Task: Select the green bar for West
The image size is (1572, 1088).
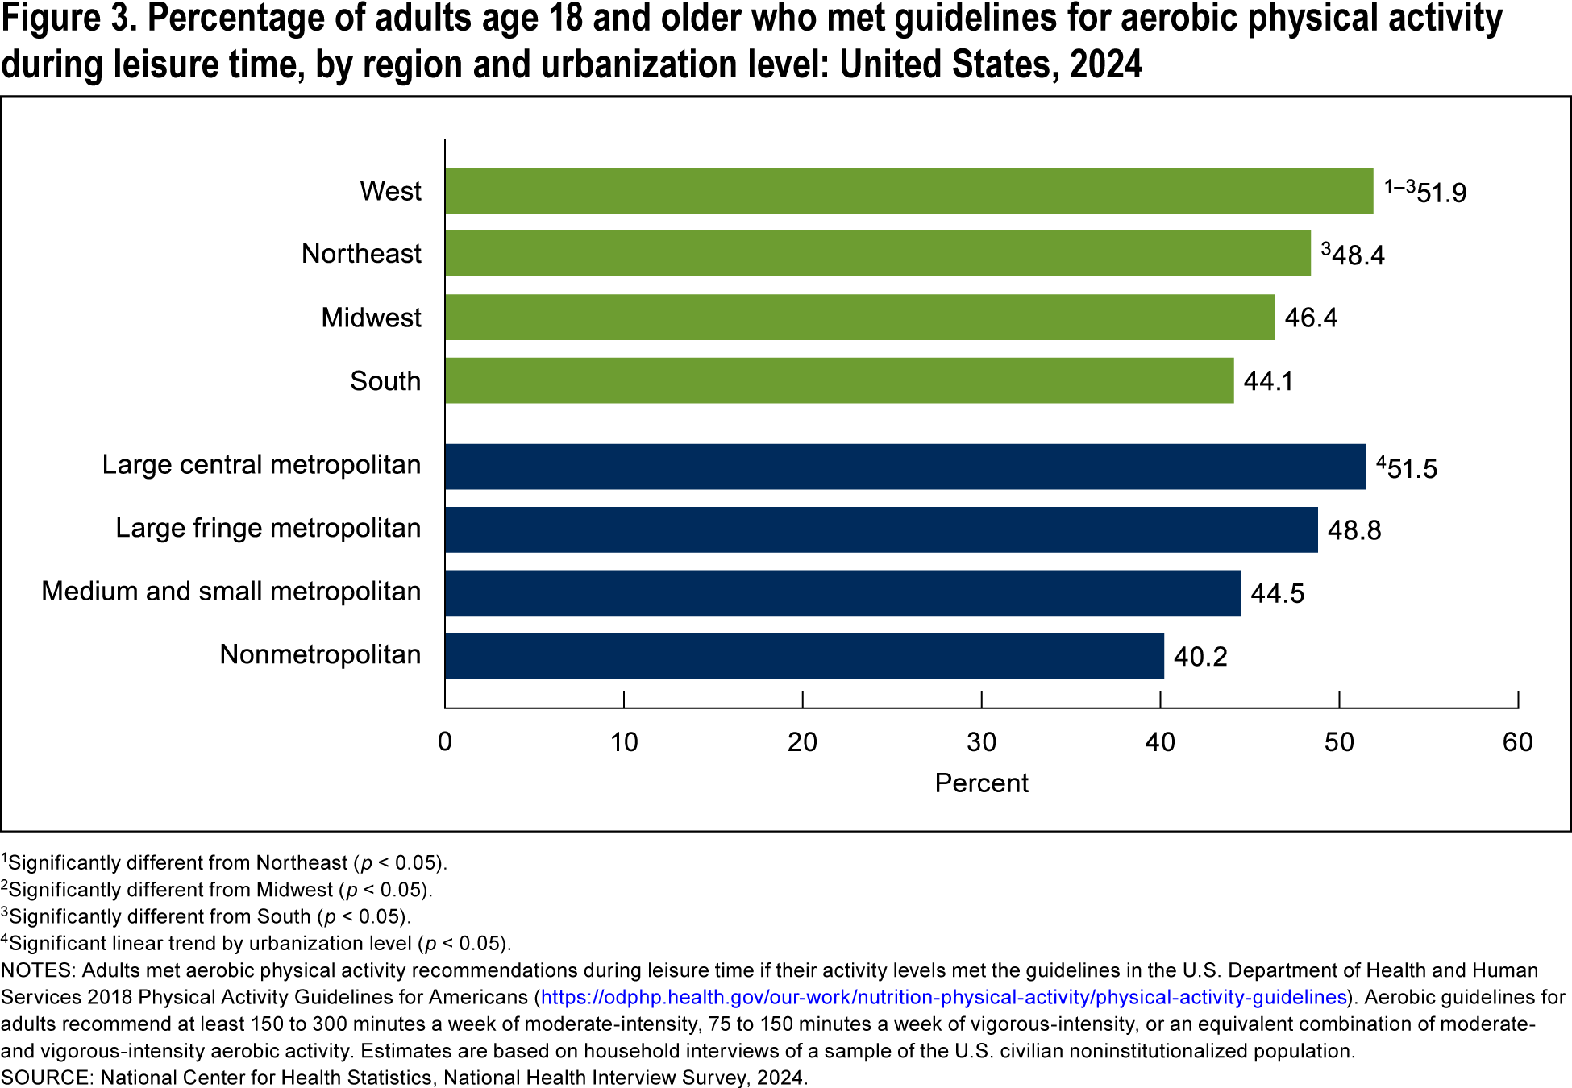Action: tap(909, 191)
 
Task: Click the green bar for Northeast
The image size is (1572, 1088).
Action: tap(877, 253)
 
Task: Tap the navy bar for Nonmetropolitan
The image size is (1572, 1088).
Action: tap(804, 656)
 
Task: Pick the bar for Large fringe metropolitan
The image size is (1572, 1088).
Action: tap(881, 529)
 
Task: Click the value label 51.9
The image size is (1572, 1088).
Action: tap(1441, 193)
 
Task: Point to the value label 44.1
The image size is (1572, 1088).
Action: tap(1268, 381)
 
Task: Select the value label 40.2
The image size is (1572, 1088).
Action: tap(1200, 657)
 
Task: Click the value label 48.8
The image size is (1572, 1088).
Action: tap(1354, 530)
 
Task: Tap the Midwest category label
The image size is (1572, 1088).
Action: tap(371, 318)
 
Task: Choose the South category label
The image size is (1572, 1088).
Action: tap(385, 381)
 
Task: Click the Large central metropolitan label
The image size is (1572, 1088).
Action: tap(261, 465)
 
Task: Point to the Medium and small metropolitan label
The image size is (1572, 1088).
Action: tap(231, 592)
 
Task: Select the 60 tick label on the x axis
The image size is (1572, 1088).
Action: tap(1517, 742)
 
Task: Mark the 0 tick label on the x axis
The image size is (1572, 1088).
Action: tap(445, 742)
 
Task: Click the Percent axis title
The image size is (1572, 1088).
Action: tap(981, 783)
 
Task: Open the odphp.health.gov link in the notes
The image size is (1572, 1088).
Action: tap(943, 998)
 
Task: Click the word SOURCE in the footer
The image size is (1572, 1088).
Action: tap(47, 1078)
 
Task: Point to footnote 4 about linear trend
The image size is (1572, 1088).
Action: tap(256, 944)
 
